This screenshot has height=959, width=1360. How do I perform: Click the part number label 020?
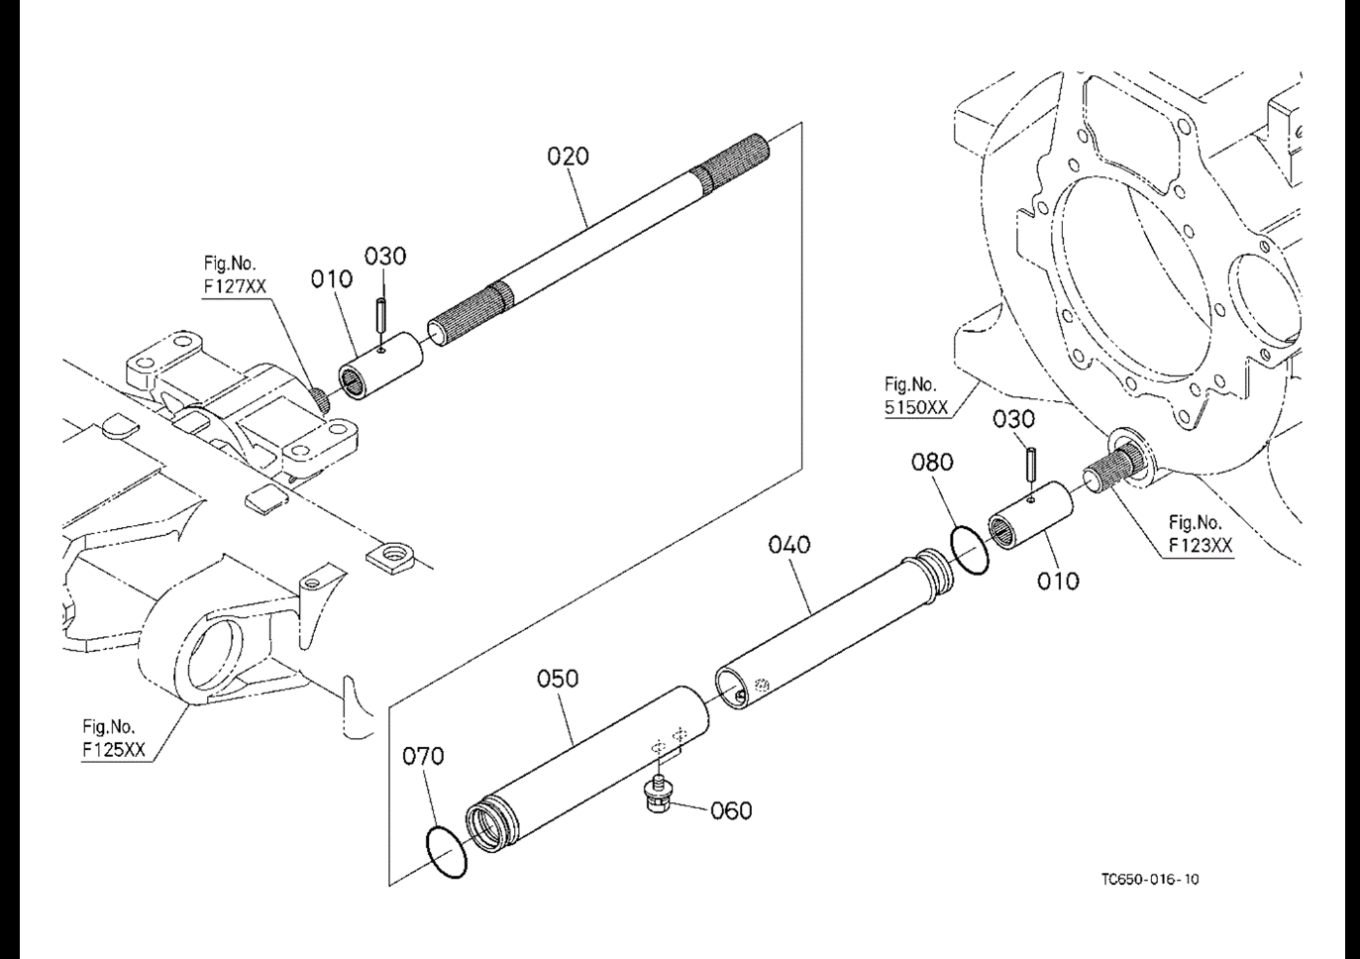point(568,157)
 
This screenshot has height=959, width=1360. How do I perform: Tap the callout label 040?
point(789,545)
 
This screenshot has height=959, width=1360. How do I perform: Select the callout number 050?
point(558,680)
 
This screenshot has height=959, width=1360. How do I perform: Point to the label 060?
point(731,811)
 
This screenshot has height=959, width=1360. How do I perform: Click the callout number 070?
point(423,757)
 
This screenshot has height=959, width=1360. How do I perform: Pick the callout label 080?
point(932,463)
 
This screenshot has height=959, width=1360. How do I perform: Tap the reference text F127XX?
point(235,286)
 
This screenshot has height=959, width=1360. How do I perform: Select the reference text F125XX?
point(113,750)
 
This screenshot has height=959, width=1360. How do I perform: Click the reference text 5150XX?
point(916,406)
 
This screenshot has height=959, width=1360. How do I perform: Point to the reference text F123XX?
point(1201,545)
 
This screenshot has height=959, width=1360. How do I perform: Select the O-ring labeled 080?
point(969,550)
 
